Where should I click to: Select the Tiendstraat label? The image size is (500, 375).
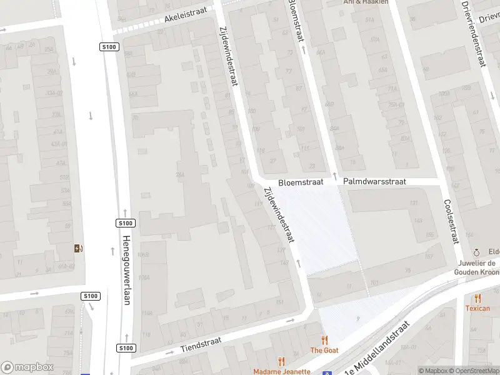201,343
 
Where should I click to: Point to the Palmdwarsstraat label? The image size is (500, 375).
375,181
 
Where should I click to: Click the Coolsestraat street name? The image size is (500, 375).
451,221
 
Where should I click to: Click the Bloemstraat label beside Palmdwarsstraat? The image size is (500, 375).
301,182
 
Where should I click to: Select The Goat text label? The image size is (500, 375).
324,351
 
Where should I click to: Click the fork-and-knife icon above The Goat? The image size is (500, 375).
324,340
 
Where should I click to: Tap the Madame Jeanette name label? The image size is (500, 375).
282,371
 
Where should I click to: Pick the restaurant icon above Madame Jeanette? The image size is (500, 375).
281,361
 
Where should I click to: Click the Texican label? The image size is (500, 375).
477,308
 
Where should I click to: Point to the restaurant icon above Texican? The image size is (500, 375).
478,298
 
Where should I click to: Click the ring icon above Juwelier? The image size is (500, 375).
476,252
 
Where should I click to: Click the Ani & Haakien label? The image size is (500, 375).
366,2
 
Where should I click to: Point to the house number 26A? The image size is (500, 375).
180,174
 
